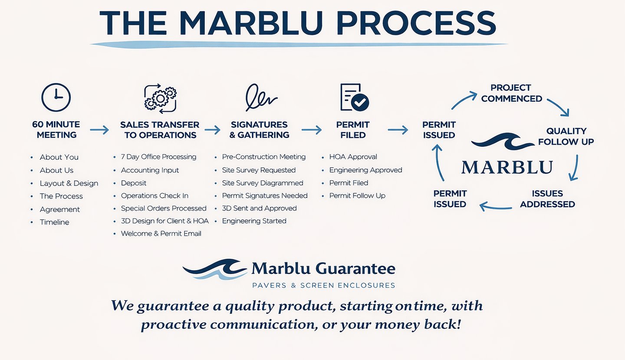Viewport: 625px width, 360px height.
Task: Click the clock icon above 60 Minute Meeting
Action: tap(56, 97)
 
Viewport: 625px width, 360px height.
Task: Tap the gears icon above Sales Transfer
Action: tap(160, 98)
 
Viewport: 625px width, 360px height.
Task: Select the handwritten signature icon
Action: tap(260, 97)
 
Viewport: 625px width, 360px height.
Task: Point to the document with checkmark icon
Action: tap(354, 97)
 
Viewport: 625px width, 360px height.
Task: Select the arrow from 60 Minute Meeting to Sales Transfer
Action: tap(99, 129)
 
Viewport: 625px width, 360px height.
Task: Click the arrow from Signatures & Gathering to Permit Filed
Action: tap(312, 129)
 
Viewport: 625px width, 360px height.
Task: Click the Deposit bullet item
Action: tap(134, 183)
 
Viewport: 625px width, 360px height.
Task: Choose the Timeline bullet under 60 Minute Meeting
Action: tap(54, 222)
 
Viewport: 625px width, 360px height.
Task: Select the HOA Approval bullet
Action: tap(353, 157)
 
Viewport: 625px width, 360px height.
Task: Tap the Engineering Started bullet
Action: tap(254, 221)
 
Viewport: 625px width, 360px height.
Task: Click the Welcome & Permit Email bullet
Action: tap(161, 234)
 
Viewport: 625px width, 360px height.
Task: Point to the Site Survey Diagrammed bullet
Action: tap(262, 183)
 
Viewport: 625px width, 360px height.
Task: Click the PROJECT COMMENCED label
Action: tap(511, 93)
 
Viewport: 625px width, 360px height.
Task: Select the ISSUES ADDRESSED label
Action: tap(547, 199)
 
